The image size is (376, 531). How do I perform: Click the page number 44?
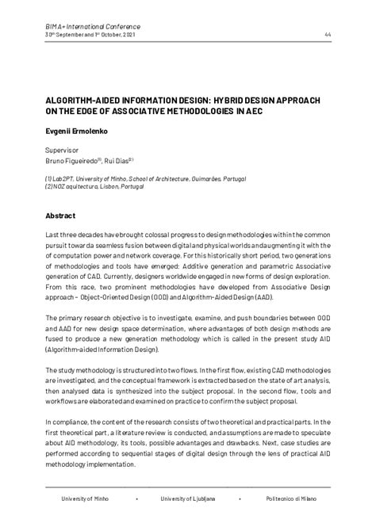(328, 34)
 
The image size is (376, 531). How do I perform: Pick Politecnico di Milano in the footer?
(290, 499)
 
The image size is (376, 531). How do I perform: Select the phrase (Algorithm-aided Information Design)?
(102, 349)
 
